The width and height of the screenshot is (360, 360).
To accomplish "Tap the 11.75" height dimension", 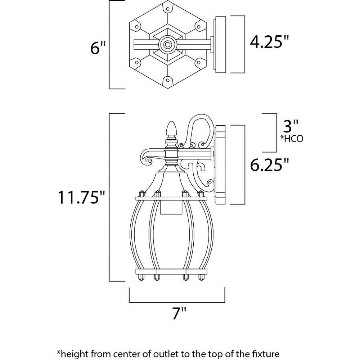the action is tap(81, 197).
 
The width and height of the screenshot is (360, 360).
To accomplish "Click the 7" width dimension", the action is tap(179, 313).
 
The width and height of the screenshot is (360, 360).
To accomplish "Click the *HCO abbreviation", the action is tap(292, 139).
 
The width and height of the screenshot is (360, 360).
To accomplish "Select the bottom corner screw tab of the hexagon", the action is tap(168, 81).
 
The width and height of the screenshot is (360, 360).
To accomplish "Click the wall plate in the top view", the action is tap(220, 45).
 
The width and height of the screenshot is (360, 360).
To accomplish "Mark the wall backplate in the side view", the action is tap(220, 165).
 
